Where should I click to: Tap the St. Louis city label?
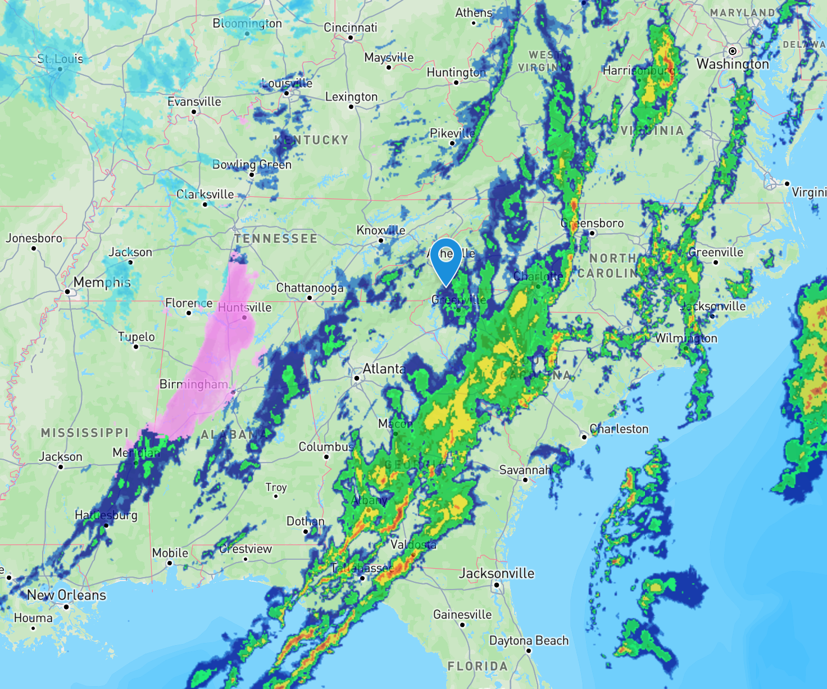60,58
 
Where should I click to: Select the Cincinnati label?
351,28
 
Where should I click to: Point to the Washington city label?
733,64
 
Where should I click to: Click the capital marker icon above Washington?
733,51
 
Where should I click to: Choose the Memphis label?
102,282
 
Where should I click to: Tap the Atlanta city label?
384,369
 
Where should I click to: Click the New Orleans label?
66,595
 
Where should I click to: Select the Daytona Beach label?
529,641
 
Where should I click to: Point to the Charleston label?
619,429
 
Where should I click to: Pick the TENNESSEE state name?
276,239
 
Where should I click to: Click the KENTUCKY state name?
312,140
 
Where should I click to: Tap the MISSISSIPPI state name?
85,433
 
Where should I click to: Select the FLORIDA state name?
478,667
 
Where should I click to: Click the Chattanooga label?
310,288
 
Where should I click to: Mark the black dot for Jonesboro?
34,248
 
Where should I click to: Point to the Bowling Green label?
252,165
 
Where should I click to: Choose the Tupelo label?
136,337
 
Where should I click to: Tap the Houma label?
33,618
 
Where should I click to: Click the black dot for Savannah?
525,479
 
